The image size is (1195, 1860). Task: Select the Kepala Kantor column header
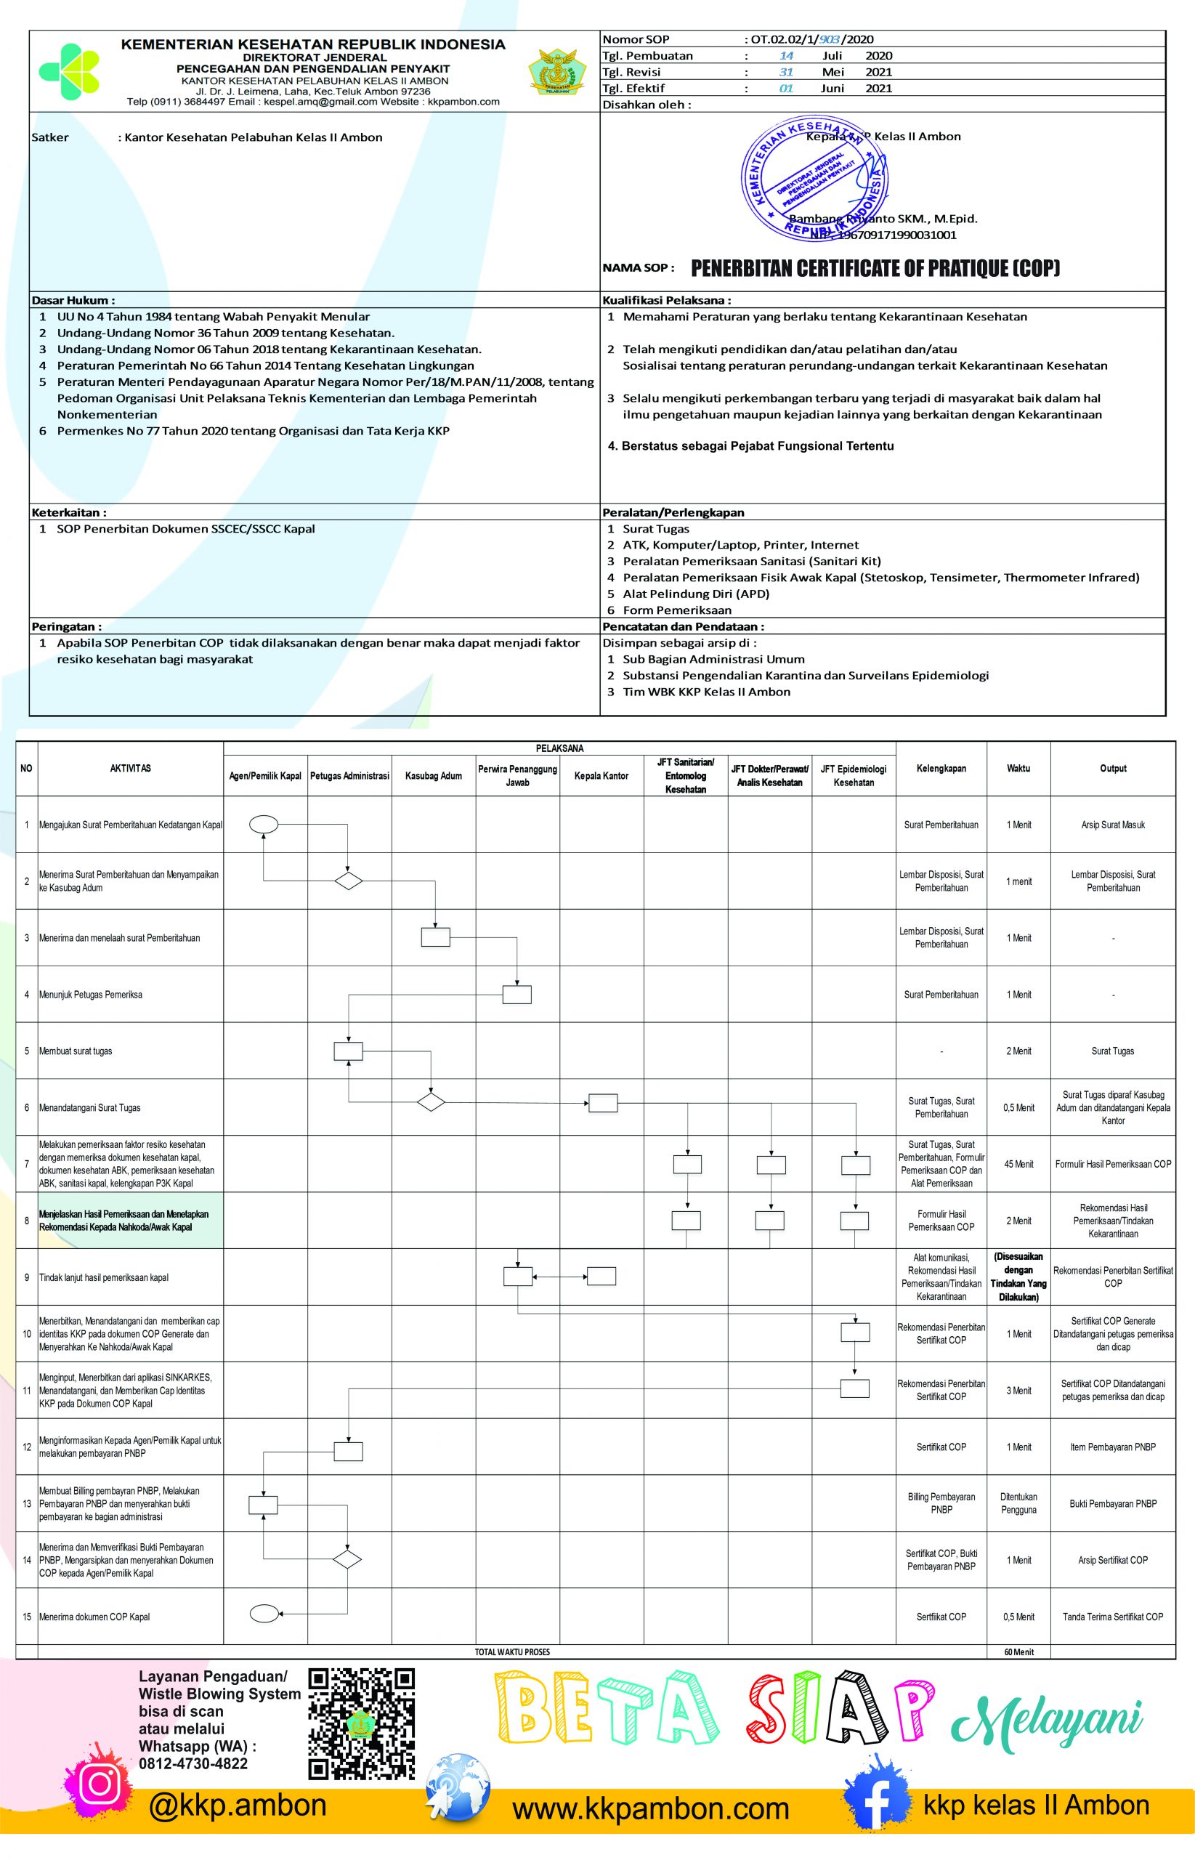click(601, 775)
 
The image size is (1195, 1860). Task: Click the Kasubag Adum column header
click(433, 775)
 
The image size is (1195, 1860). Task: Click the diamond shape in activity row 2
click(349, 881)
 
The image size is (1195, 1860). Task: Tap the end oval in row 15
click(264, 1617)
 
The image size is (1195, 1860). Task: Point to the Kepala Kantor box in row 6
click(602, 1102)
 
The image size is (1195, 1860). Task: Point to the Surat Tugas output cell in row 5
click(1113, 1051)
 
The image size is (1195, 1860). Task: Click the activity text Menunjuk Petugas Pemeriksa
click(91, 994)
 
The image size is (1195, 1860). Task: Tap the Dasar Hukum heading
click(73, 300)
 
